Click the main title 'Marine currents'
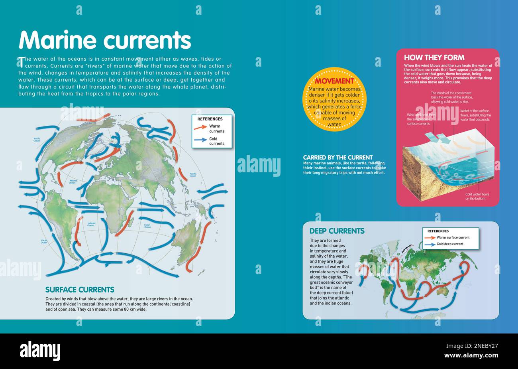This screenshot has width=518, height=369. tap(105, 40)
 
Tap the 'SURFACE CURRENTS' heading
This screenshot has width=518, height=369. tap(80, 290)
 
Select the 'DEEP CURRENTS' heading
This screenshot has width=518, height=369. tap(337, 231)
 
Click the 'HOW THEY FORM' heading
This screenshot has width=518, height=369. tap(434, 57)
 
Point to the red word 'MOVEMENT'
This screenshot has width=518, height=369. tap(334, 81)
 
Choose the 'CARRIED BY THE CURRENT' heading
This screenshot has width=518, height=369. tap(337, 158)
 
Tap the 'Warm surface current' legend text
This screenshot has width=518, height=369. tap(453, 237)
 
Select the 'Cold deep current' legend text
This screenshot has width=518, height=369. tap(449, 244)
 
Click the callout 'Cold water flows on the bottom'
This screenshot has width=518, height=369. tap(477, 196)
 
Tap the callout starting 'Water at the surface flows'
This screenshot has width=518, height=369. tap(475, 115)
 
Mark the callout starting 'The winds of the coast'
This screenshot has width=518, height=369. tap(451, 97)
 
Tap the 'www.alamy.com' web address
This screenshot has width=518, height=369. tap(471, 355)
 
